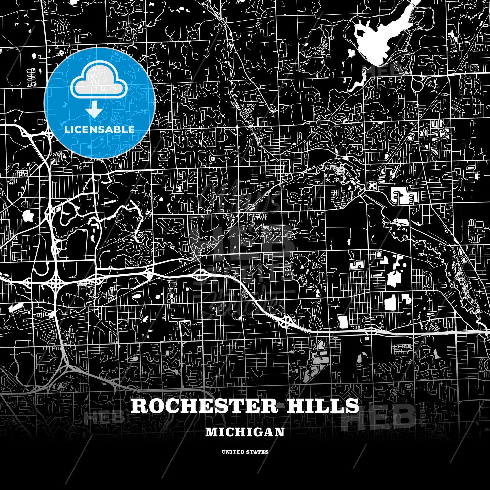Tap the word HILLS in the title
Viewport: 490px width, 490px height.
pyautogui.click(x=323, y=406)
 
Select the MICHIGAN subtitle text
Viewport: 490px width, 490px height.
pyautogui.click(x=245, y=432)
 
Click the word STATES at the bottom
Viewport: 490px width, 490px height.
pyautogui.click(x=258, y=452)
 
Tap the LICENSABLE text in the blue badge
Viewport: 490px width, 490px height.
pyautogui.click(x=99, y=130)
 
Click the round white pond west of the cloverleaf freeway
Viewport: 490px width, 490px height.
pyautogui.click(x=27, y=215)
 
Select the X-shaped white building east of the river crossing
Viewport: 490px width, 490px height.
pyautogui.click(x=372, y=186)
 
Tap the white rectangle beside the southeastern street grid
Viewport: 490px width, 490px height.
pyautogui.click(x=343, y=322)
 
